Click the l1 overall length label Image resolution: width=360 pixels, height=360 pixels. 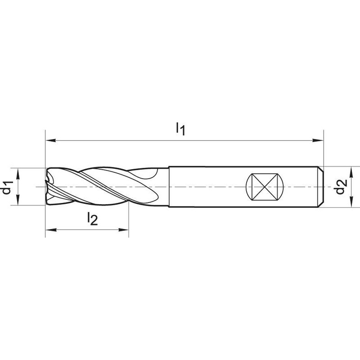click(x=180, y=129)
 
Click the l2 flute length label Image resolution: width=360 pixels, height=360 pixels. click(x=93, y=218)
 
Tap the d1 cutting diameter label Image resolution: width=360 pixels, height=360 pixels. click(x=7, y=187)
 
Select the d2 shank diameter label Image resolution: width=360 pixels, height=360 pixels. click(x=340, y=186)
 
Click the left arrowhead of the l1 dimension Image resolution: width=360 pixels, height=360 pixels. click(x=51, y=140)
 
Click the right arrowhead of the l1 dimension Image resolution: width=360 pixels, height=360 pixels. click(x=318, y=140)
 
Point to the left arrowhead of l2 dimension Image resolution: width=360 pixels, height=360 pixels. click(x=51, y=229)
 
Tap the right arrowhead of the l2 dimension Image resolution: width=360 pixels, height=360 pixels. click(x=123, y=229)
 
